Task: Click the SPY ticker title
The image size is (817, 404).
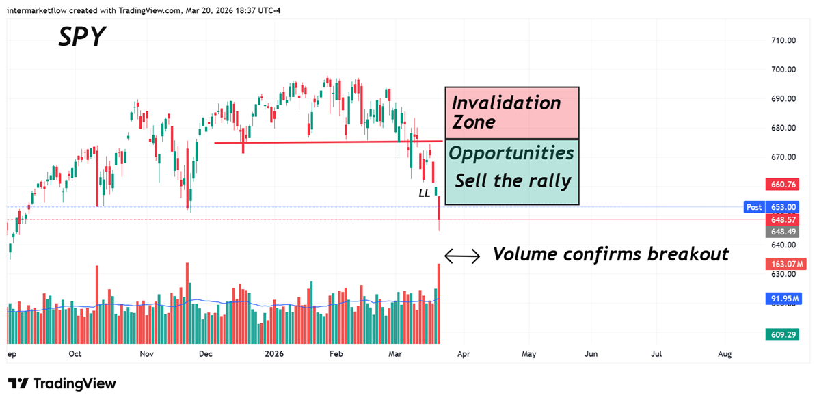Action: click(82, 37)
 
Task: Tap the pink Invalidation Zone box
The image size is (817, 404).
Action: click(511, 113)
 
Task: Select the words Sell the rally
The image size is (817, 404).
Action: click(512, 181)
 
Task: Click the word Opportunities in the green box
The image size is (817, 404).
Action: click(511, 153)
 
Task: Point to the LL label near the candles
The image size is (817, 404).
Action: click(425, 193)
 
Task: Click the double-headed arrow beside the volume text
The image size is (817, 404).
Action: click(462, 256)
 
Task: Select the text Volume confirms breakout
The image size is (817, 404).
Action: click(611, 254)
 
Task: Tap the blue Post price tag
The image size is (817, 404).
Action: click(754, 206)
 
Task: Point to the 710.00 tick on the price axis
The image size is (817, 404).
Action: click(782, 40)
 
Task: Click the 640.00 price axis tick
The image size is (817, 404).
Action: click(782, 245)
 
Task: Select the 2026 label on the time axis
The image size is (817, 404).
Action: click(273, 354)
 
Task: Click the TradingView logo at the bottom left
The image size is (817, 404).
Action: click(62, 383)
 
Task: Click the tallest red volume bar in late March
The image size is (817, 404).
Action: click(439, 304)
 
